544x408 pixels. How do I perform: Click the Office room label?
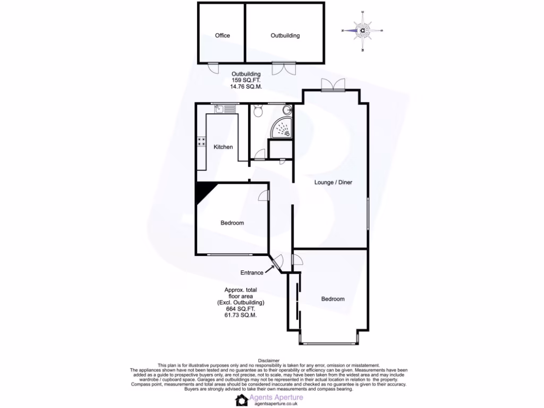pyautogui.click(x=223, y=36)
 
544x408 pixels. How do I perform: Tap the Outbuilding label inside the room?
pyautogui.click(x=285, y=36)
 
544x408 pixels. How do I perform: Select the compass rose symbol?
pyautogui.click(x=362, y=30)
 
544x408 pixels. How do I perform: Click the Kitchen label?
pyautogui.click(x=223, y=147)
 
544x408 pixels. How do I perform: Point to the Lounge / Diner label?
pyautogui.click(x=333, y=182)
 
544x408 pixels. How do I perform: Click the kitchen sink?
pyautogui.click(x=219, y=109)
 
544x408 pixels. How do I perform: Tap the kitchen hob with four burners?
pyautogui.click(x=202, y=142)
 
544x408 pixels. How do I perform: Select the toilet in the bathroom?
pyautogui.click(x=258, y=110)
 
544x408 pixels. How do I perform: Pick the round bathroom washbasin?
pyautogui.click(x=287, y=110)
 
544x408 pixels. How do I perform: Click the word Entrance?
pyautogui.click(x=252, y=273)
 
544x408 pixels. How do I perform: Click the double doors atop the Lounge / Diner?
pyautogui.click(x=333, y=84)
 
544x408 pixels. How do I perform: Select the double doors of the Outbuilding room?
pyautogui.click(x=284, y=68)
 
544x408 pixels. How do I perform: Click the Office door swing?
pyautogui.click(x=212, y=67)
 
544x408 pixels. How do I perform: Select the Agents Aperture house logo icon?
pyautogui.click(x=243, y=400)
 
